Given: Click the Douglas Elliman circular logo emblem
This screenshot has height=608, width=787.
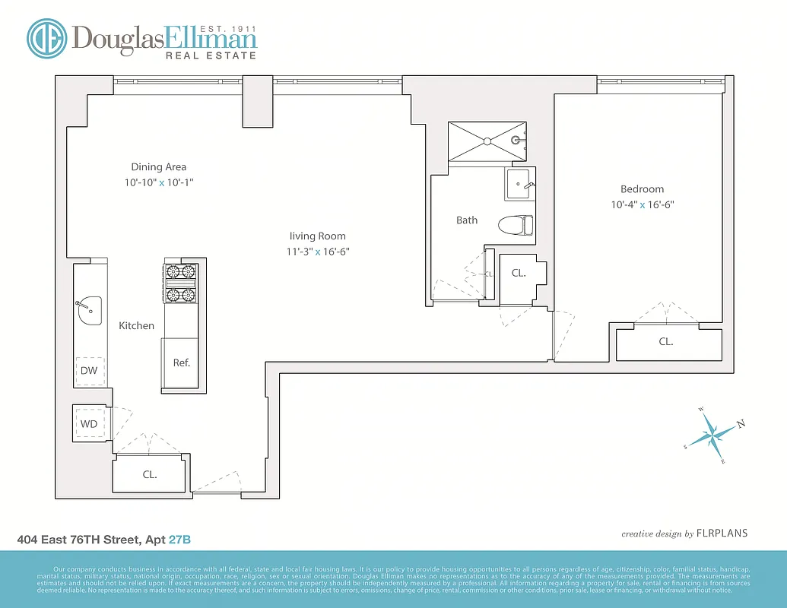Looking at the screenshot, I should pos(46,39).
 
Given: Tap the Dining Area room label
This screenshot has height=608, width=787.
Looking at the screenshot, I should pos(158,167).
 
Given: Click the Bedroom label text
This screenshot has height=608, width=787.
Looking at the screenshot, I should pos(642,189).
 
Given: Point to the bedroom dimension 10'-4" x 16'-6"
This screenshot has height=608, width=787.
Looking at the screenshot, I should pos(642,204).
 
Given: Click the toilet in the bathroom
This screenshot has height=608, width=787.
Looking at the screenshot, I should pos(516,226).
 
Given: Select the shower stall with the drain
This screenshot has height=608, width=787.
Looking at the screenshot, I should pos(487,141).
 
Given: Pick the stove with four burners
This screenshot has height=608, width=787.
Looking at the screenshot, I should pos(180,283).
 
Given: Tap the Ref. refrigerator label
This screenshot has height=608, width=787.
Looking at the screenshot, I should pos(181,363).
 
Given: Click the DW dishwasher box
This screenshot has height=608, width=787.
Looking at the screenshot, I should pos(90,370).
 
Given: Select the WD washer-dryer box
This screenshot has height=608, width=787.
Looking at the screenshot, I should pos(89,423).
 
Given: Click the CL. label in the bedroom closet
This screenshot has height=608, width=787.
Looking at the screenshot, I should pos(665,342).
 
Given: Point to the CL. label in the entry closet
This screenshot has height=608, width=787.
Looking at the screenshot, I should pos(150,474).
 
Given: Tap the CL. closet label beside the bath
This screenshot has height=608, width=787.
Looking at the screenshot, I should pos(519,273).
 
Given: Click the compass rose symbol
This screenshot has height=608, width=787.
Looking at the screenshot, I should pos(715,435).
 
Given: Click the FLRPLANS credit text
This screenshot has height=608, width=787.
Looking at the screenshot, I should pos(722,533).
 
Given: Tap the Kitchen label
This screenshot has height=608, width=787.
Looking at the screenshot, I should pos(136,325).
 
